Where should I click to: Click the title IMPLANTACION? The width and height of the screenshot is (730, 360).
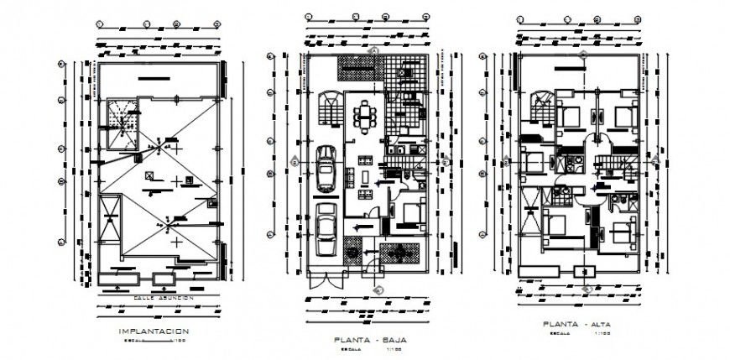pyautogui.click(x=154, y=332)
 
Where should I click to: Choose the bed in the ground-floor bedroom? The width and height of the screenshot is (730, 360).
pyautogui.click(x=409, y=215)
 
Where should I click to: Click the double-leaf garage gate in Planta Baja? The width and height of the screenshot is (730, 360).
pyautogui.click(x=326, y=280)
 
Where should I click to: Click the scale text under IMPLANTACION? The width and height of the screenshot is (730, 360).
pyautogui.click(x=154, y=342)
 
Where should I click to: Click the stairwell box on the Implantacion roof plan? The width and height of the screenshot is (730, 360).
pyautogui.click(x=122, y=125)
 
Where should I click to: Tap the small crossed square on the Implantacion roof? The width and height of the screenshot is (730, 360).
pyautogui.click(x=149, y=175)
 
